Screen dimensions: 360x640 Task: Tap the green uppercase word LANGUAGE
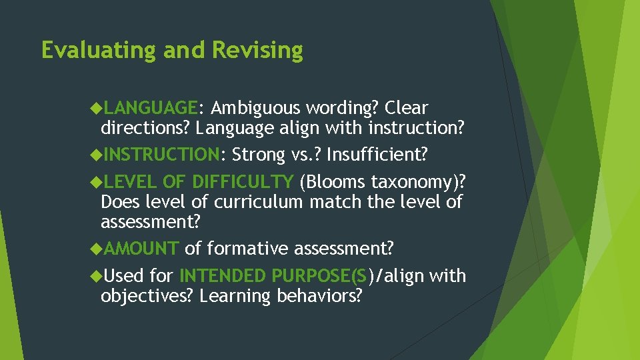coord(151,108)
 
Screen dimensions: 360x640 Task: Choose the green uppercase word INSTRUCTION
coord(162,155)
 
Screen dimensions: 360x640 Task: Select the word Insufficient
coord(377,155)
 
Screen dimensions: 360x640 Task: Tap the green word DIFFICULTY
coord(243,182)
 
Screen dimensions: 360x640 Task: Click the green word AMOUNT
coord(141,249)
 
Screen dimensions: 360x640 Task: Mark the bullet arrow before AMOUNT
coord(95,249)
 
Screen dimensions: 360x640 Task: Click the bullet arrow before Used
coord(95,276)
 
